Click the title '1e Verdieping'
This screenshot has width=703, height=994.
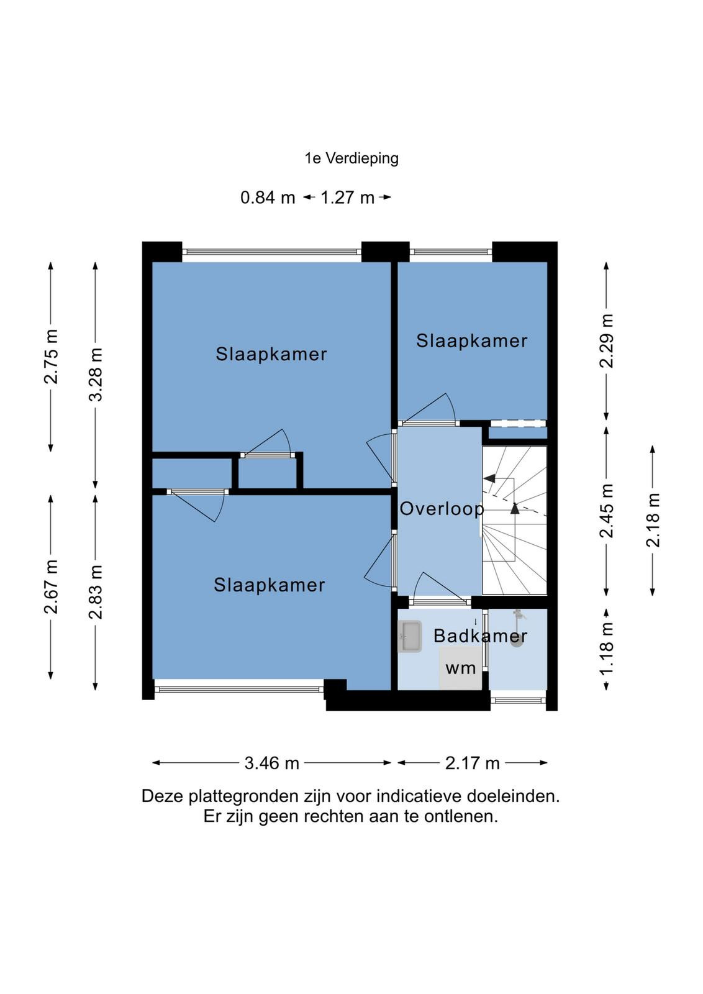click(351, 158)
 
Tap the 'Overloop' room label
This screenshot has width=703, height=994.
click(442, 509)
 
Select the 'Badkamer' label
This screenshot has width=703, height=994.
click(480, 636)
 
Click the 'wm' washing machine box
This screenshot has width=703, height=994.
click(460, 668)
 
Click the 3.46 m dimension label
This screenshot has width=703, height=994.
click(272, 764)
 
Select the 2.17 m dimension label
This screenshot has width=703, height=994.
click(473, 764)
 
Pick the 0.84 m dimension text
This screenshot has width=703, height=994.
click(268, 198)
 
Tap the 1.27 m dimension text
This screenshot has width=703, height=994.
click(347, 198)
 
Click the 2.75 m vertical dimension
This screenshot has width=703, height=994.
click(51, 357)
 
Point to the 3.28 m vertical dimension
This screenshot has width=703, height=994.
click(96, 375)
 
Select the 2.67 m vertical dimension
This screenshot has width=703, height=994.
click(51, 586)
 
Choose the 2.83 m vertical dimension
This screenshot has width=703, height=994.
click(96, 592)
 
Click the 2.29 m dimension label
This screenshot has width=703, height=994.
click(606, 341)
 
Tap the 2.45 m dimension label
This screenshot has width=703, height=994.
click(606, 511)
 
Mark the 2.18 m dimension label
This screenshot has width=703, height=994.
click(653, 520)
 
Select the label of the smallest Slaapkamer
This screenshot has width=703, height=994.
click(471, 341)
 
